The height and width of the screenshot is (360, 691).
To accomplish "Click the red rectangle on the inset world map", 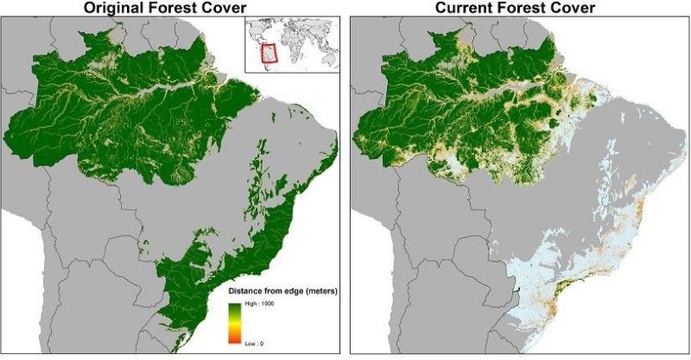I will pyautogui.click(x=271, y=54).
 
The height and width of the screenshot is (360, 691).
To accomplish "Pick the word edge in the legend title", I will pyautogui.click(x=290, y=292).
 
